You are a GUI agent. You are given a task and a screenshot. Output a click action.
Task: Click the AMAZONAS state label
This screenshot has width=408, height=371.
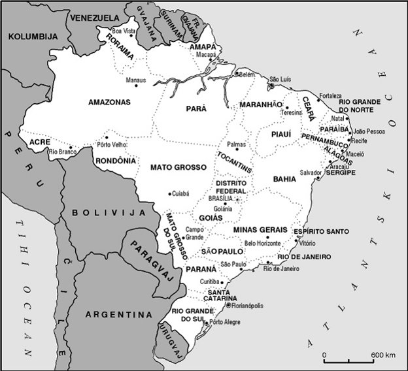tap(109, 102)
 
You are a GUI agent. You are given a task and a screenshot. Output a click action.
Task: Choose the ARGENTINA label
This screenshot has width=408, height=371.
tap(114, 314)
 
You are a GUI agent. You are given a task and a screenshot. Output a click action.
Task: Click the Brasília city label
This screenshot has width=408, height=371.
tap(220, 198)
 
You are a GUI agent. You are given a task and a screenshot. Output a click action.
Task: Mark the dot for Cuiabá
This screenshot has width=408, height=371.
tap(170, 193)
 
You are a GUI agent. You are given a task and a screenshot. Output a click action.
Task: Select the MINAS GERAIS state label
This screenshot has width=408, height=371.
tap(260, 230)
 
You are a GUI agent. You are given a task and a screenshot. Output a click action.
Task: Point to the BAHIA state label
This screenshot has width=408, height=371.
tap(285, 178)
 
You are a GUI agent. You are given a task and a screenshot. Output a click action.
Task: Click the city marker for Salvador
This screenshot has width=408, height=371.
tap(317, 177)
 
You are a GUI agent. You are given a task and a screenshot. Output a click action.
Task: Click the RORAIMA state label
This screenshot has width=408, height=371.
tap(124, 48)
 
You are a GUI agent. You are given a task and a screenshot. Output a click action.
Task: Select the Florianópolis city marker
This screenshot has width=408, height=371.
tap(228, 304)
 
